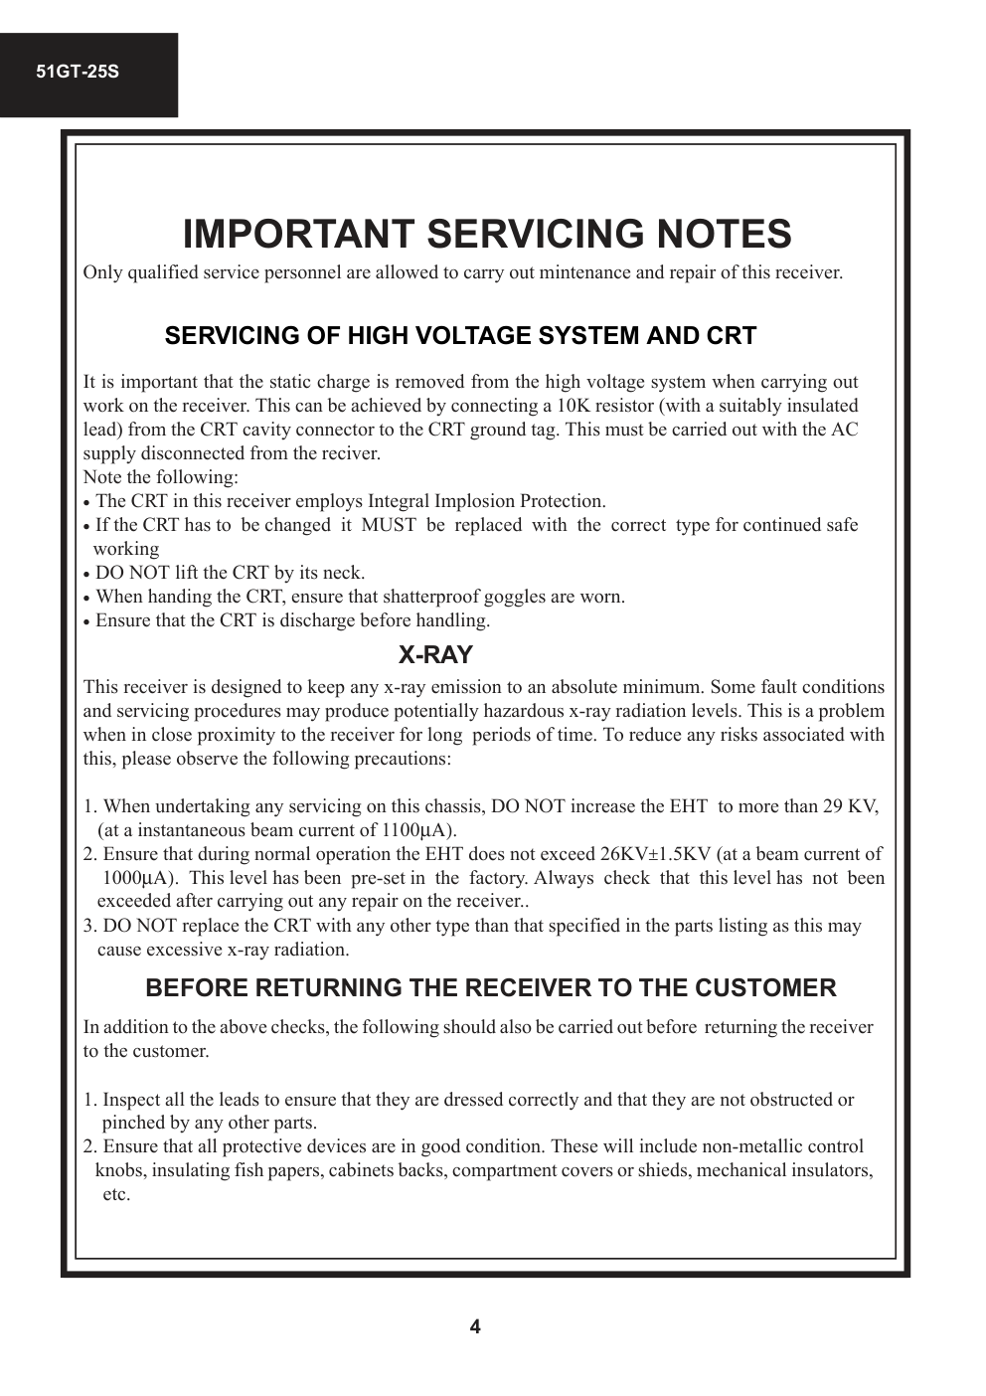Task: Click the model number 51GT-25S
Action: tap(78, 73)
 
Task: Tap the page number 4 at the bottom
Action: tap(475, 1326)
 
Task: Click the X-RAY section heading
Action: tap(435, 655)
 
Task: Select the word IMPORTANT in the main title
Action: tap(299, 235)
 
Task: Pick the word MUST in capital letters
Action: tap(389, 525)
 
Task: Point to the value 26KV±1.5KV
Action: tap(655, 854)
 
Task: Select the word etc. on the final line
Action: tap(116, 1194)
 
